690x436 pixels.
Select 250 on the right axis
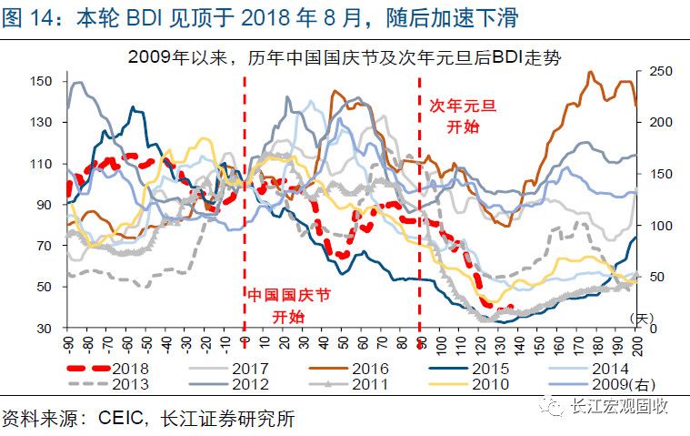(660, 71)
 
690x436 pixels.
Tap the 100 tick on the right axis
(660, 225)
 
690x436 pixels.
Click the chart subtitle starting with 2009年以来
(345, 57)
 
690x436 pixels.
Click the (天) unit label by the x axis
(641, 316)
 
